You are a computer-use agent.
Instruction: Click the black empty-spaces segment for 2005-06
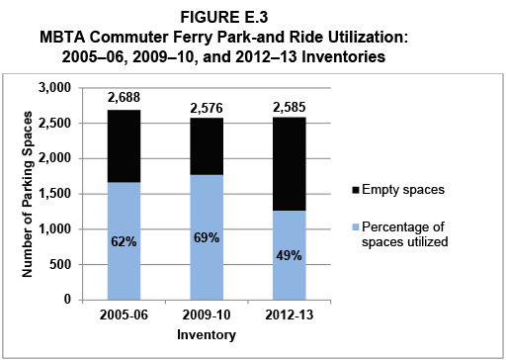131,145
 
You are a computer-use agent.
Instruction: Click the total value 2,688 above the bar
131,98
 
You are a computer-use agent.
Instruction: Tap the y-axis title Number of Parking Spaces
31,194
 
